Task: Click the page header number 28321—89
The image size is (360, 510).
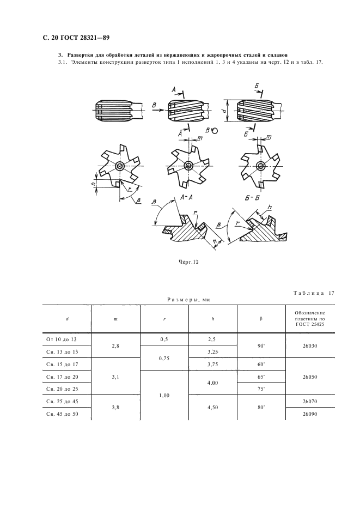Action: click(x=93, y=38)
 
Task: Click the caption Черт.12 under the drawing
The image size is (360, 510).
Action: click(x=188, y=262)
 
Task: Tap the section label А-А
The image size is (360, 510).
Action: click(x=187, y=197)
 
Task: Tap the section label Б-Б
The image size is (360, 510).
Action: click(x=252, y=198)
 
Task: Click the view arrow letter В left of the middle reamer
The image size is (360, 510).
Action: click(x=154, y=105)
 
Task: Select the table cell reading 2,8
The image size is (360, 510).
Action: click(x=115, y=346)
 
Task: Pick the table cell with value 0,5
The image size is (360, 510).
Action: click(x=164, y=339)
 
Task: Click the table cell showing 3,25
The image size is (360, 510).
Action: click(x=213, y=352)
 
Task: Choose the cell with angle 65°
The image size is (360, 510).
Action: click(x=261, y=377)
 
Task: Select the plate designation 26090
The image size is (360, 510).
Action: click(x=310, y=414)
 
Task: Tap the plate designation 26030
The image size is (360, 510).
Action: click(x=310, y=346)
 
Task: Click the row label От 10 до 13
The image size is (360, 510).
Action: click(x=62, y=339)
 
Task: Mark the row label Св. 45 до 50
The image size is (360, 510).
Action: click(x=63, y=414)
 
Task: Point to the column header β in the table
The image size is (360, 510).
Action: click(x=261, y=319)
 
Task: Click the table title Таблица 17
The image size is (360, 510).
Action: click(x=314, y=293)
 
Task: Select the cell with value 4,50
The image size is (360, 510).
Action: click(x=213, y=408)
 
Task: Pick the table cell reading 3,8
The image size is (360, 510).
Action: click(x=115, y=407)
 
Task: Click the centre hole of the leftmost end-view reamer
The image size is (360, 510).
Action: click(x=120, y=166)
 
